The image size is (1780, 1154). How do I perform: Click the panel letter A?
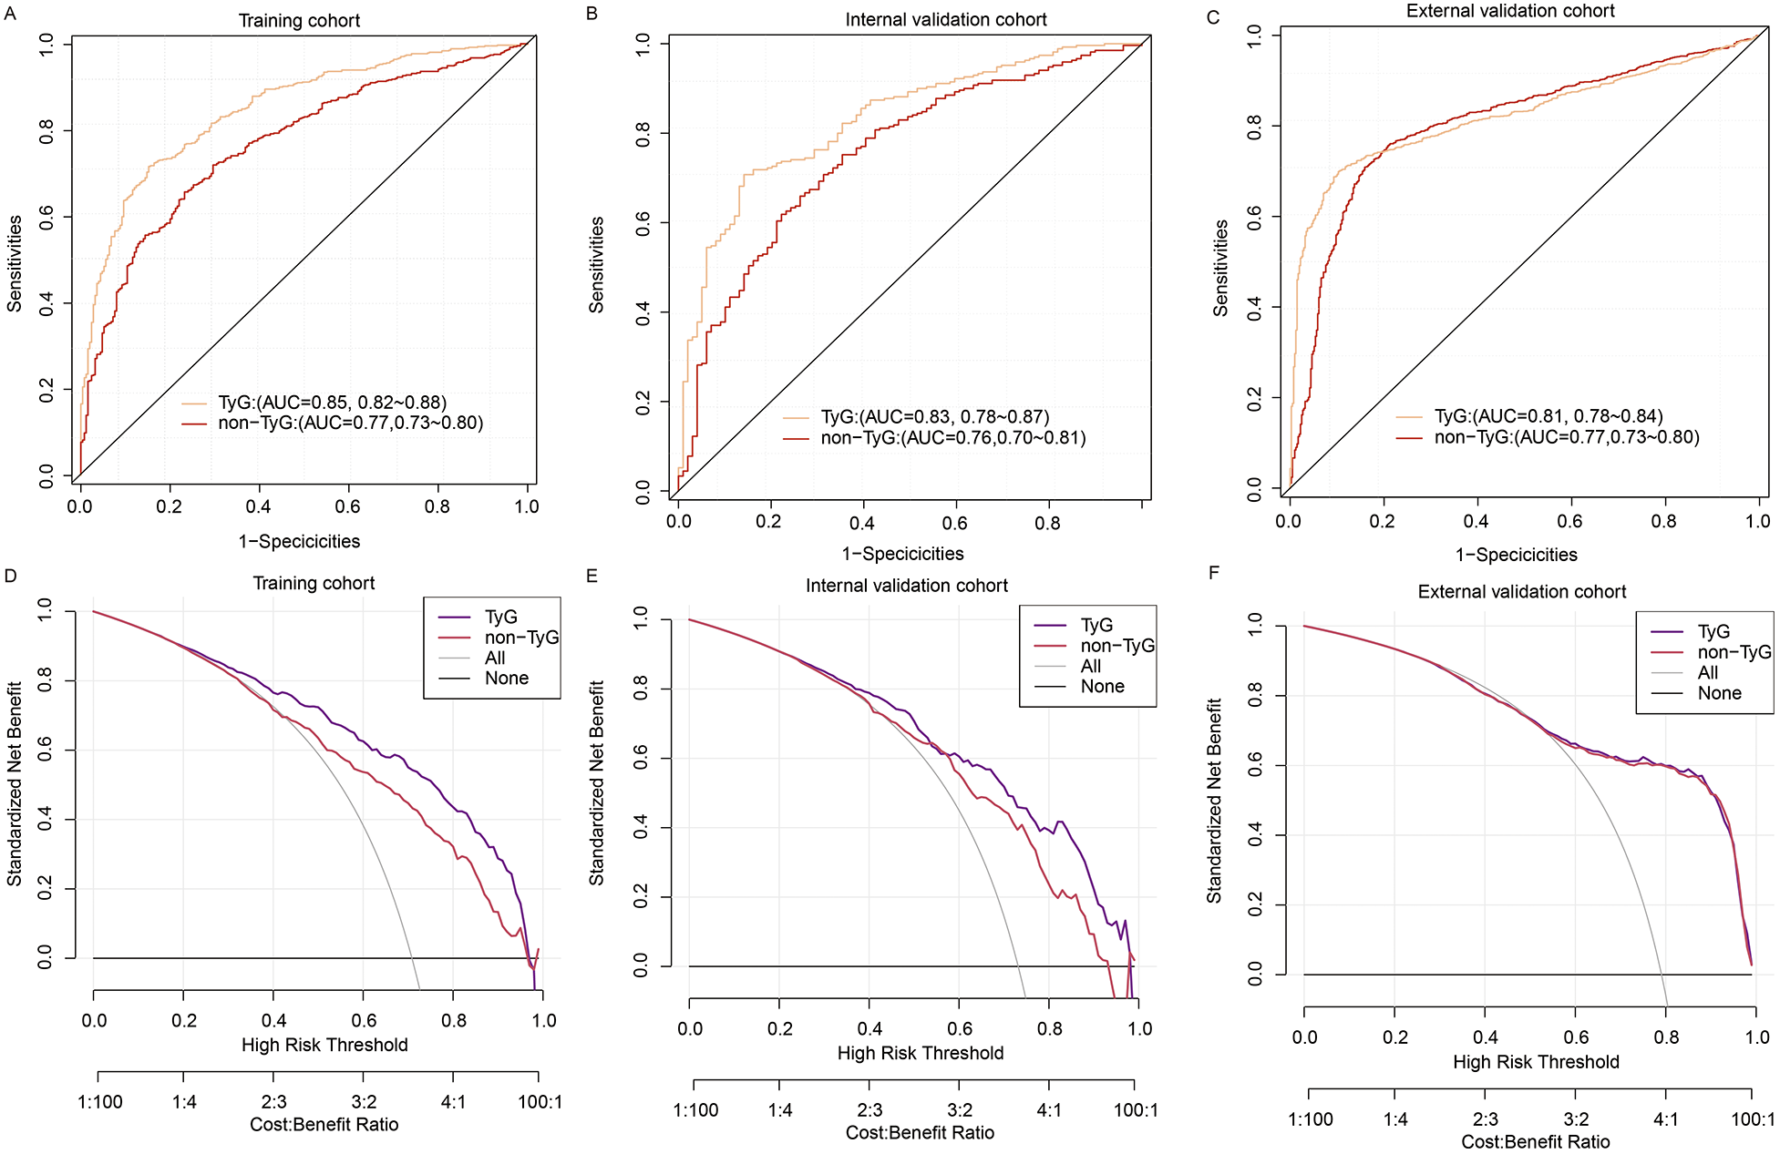tap(10, 13)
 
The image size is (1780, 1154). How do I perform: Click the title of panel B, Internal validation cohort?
tap(945, 19)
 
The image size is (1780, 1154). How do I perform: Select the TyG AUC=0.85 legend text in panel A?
tap(332, 403)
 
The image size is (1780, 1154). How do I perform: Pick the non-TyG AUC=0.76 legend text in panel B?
tap(952, 437)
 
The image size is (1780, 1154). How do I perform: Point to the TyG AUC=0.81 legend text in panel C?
tap(1548, 416)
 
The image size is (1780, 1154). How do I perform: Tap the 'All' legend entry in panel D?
tap(495, 658)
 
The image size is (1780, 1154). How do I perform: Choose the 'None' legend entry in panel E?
tap(1102, 686)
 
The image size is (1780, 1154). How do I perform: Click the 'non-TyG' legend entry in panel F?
tap(1734, 652)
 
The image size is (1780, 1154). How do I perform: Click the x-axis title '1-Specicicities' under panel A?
tap(299, 541)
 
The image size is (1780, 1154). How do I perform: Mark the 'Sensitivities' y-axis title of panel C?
tap(1219, 268)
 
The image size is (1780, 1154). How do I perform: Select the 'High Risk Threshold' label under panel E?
tap(920, 1053)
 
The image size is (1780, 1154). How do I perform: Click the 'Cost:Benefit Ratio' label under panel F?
tap(1535, 1141)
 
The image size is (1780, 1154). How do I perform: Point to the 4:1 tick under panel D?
tap(453, 1102)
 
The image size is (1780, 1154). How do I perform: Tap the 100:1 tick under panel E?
tap(1136, 1109)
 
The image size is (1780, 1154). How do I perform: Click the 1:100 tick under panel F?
tap(1311, 1119)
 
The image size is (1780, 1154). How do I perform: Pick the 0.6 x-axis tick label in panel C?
tap(1569, 521)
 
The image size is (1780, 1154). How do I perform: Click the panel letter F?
tap(1213, 573)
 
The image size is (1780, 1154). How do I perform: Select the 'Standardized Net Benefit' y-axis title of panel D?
tap(15, 783)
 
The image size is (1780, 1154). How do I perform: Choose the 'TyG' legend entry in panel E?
tap(1096, 625)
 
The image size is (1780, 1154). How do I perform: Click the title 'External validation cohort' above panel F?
tap(1521, 592)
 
